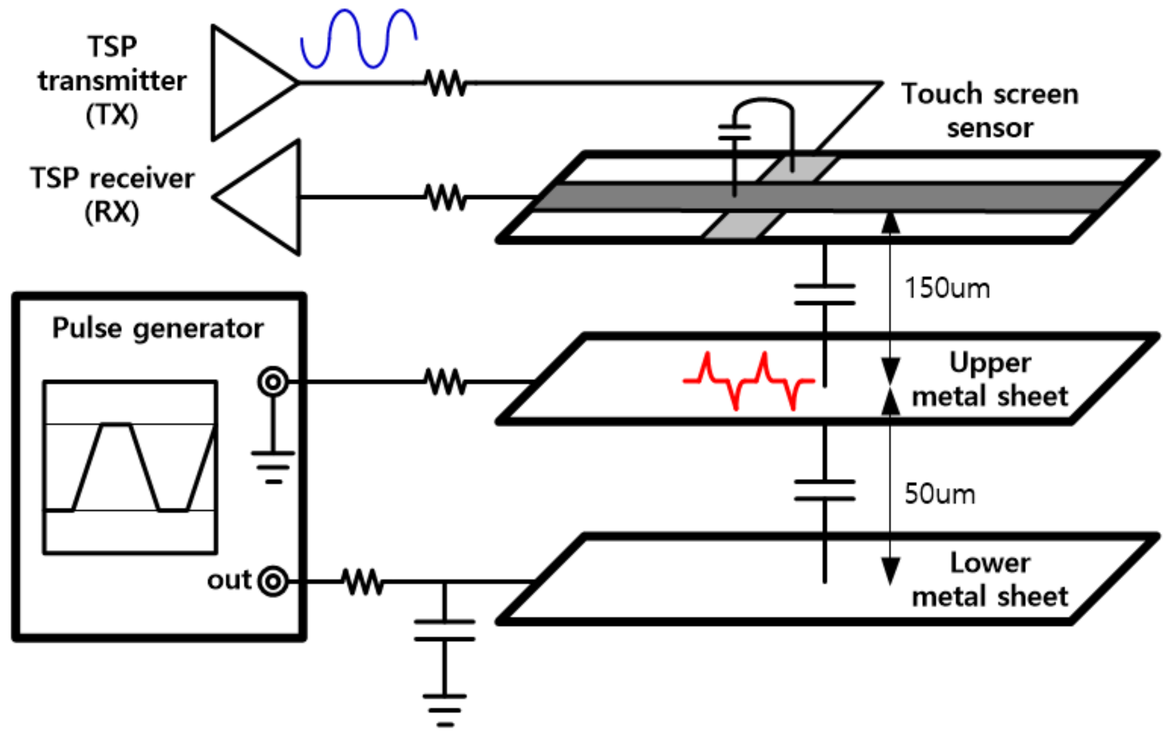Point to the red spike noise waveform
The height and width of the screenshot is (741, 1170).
click(x=749, y=381)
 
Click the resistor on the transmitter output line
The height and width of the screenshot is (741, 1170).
click(x=445, y=83)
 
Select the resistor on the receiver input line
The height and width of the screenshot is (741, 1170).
click(x=445, y=197)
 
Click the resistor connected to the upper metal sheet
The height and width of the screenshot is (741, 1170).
click(x=445, y=382)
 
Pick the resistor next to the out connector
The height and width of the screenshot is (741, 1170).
click(x=362, y=581)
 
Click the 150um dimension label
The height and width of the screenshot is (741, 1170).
click(x=947, y=288)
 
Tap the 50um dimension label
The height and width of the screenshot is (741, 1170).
click(x=939, y=494)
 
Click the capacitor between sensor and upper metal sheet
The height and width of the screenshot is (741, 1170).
click(x=825, y=294)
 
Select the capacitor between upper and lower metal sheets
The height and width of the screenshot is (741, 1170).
click(x=825, y=490)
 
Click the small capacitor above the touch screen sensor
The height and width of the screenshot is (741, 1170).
click(x=734, y=132)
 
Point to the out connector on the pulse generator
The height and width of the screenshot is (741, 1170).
click(x=273, y=581)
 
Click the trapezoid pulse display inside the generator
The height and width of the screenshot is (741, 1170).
click(x=130, y=467)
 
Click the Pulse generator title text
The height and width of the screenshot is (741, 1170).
click(x=157, y=328)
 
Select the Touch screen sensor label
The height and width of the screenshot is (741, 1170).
click(x=989, y=110)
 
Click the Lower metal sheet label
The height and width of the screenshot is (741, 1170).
click(x=989, y=580)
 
